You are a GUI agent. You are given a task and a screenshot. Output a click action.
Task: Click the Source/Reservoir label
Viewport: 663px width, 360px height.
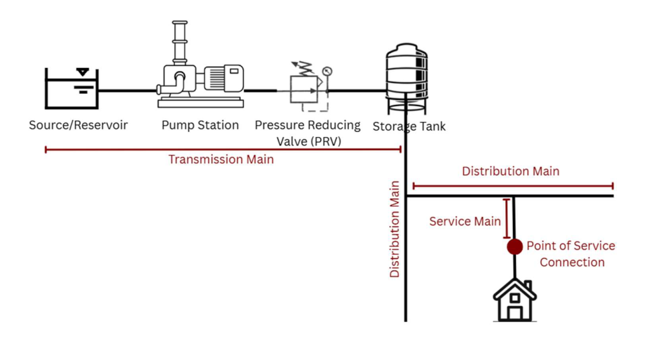[78, 125]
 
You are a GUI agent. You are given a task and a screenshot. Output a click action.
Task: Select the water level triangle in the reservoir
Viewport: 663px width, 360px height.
[82, 72]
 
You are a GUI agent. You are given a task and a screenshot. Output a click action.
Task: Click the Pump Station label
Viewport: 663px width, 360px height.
[200, 125]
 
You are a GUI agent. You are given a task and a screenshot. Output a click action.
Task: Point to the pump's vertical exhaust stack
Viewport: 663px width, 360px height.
[180, 42]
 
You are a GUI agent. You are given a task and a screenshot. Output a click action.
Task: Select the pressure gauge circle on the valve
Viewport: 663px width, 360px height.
[327, 71]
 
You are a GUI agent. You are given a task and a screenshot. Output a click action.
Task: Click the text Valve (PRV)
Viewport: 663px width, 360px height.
[309, 141]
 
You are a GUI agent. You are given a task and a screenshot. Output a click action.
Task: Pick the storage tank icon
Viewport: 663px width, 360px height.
[407, 78]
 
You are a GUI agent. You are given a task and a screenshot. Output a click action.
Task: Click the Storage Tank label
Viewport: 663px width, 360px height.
[409, 126]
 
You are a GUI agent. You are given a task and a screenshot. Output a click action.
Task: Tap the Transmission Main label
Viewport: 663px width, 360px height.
[221, 159]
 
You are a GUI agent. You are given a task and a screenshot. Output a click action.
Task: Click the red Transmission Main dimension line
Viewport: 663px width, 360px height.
[223, 150]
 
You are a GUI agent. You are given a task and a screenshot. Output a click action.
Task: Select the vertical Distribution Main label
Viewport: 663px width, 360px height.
[394, 229]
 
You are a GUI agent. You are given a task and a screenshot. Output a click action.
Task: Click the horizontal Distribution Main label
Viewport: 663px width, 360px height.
[510, 172]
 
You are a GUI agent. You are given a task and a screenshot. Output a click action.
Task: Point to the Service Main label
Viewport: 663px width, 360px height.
[465, 221]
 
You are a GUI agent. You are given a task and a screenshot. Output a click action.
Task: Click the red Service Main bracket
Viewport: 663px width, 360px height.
[506, 219]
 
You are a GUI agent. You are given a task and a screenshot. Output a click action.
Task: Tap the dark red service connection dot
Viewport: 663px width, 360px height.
[515, 247]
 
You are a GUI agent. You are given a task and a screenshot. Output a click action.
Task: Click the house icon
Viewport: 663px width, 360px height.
[515, 300]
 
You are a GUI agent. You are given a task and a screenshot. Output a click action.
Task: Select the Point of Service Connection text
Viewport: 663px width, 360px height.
[571, 254]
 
